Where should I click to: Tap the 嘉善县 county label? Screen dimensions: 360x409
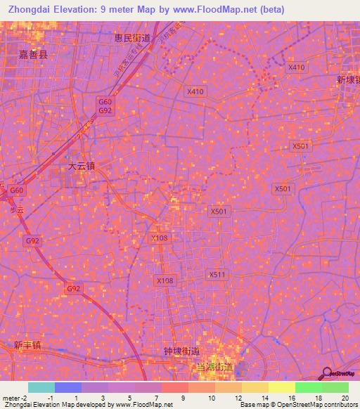pyautogui.click(x=34, y=53)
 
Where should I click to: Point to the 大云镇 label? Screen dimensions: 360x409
pyautogui.click(x=81, y=167)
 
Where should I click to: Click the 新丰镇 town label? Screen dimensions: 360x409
pyautogui.click(x=27, y=345)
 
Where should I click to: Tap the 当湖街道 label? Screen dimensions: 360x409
pyautogui.click(x=214, y=367)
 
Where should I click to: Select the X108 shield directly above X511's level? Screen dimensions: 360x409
pyautogui.click(x=160, y=238)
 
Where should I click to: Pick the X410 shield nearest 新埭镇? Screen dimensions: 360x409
pyautogui.click(x=297, y=67)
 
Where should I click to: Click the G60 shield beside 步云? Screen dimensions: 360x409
pyautogui.click(x=17, y=190)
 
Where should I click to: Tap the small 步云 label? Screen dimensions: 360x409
pyautogui.click(x=17, y=209)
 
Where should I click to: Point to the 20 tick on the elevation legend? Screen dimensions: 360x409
pyautogui.click(x=345, y=398)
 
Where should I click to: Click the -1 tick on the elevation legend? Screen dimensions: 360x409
pyautogui.click(x=51, y=398)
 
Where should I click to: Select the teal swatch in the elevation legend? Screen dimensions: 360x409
pyautogui.click(x=41, y=387)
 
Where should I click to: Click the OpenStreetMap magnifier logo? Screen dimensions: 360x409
pyautogui.click(x=327, y=373)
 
